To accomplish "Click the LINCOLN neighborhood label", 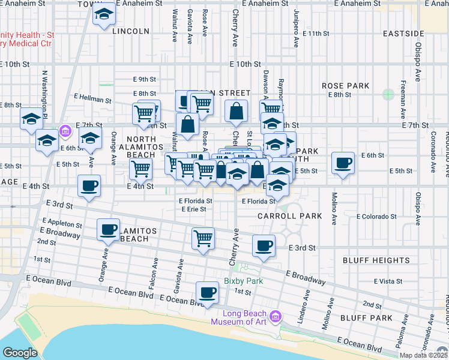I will pyautogui.click(x=130, y=31).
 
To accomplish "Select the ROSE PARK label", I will pyautogui.click(x=345, y=86).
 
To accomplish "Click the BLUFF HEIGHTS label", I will pyautogui.click(x=376, y=260).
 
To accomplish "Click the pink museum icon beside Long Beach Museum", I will pyautogui.click(x=276, y=316).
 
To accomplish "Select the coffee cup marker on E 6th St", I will pyautogui.click(x=343, y=163).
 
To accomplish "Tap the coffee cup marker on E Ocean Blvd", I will pyautogui.click(x=208, y=292).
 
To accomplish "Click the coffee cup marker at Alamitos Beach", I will pyautogui.click(x=109, y=229).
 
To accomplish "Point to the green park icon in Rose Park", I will pyautogui.click(x=388, y=94).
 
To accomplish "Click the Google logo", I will pyautogui.click(x=20, y=353).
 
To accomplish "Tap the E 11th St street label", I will pyautogui.click(x=315, y=34).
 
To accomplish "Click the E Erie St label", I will pyautogui.click(x=194, y=209).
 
